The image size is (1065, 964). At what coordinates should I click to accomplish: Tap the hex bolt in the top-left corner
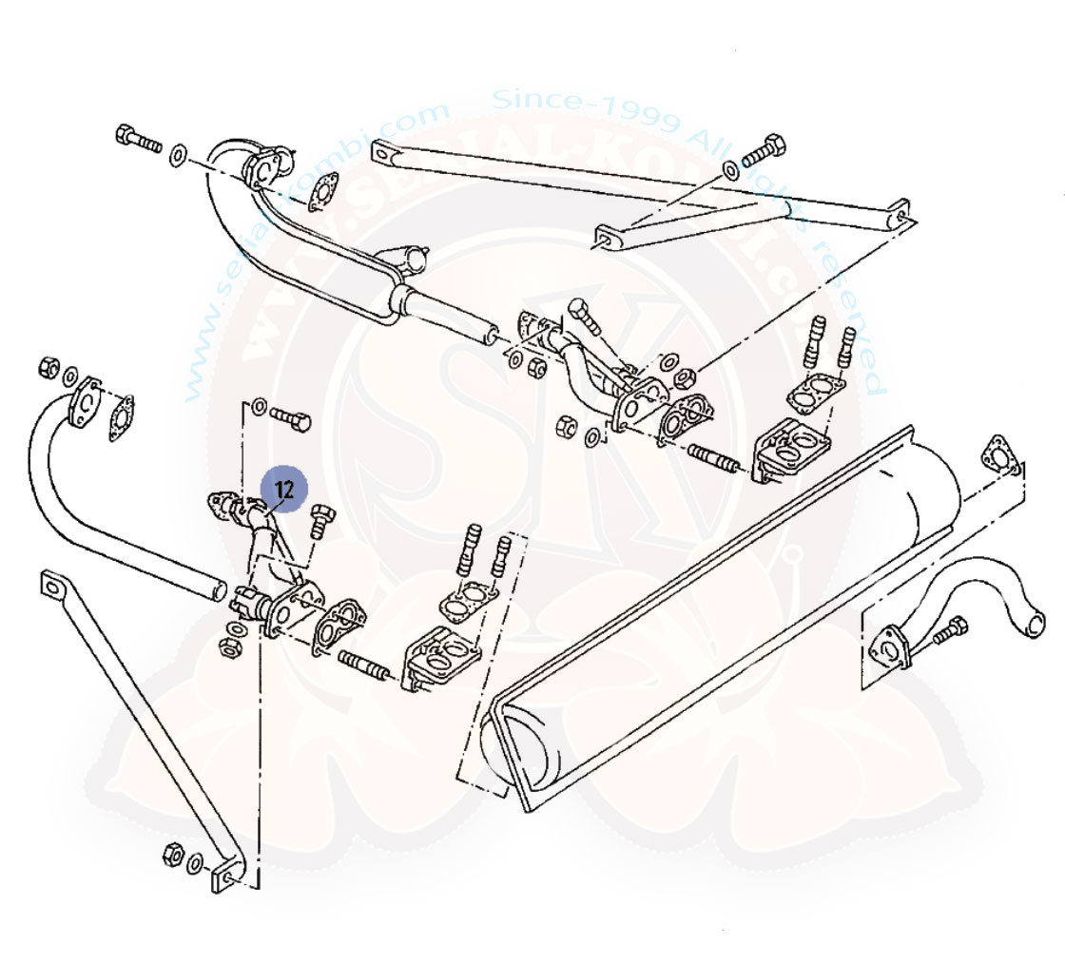click(x=137, y=139)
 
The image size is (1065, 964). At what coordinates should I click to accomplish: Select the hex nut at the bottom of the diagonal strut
click(x=173, y=852)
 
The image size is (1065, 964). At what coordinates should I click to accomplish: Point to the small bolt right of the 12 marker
click(x=319, y=520)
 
